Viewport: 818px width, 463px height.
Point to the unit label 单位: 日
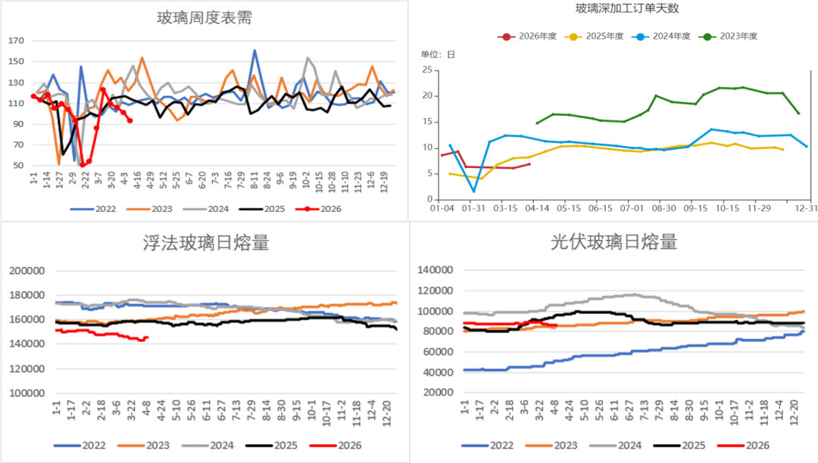pos(439,54)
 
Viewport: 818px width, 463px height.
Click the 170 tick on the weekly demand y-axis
pos(17,40)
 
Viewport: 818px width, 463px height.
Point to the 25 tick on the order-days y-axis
pos(426,70)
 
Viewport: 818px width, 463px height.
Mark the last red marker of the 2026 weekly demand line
pos(130,120)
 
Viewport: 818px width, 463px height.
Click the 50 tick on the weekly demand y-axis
pos(19,166)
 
